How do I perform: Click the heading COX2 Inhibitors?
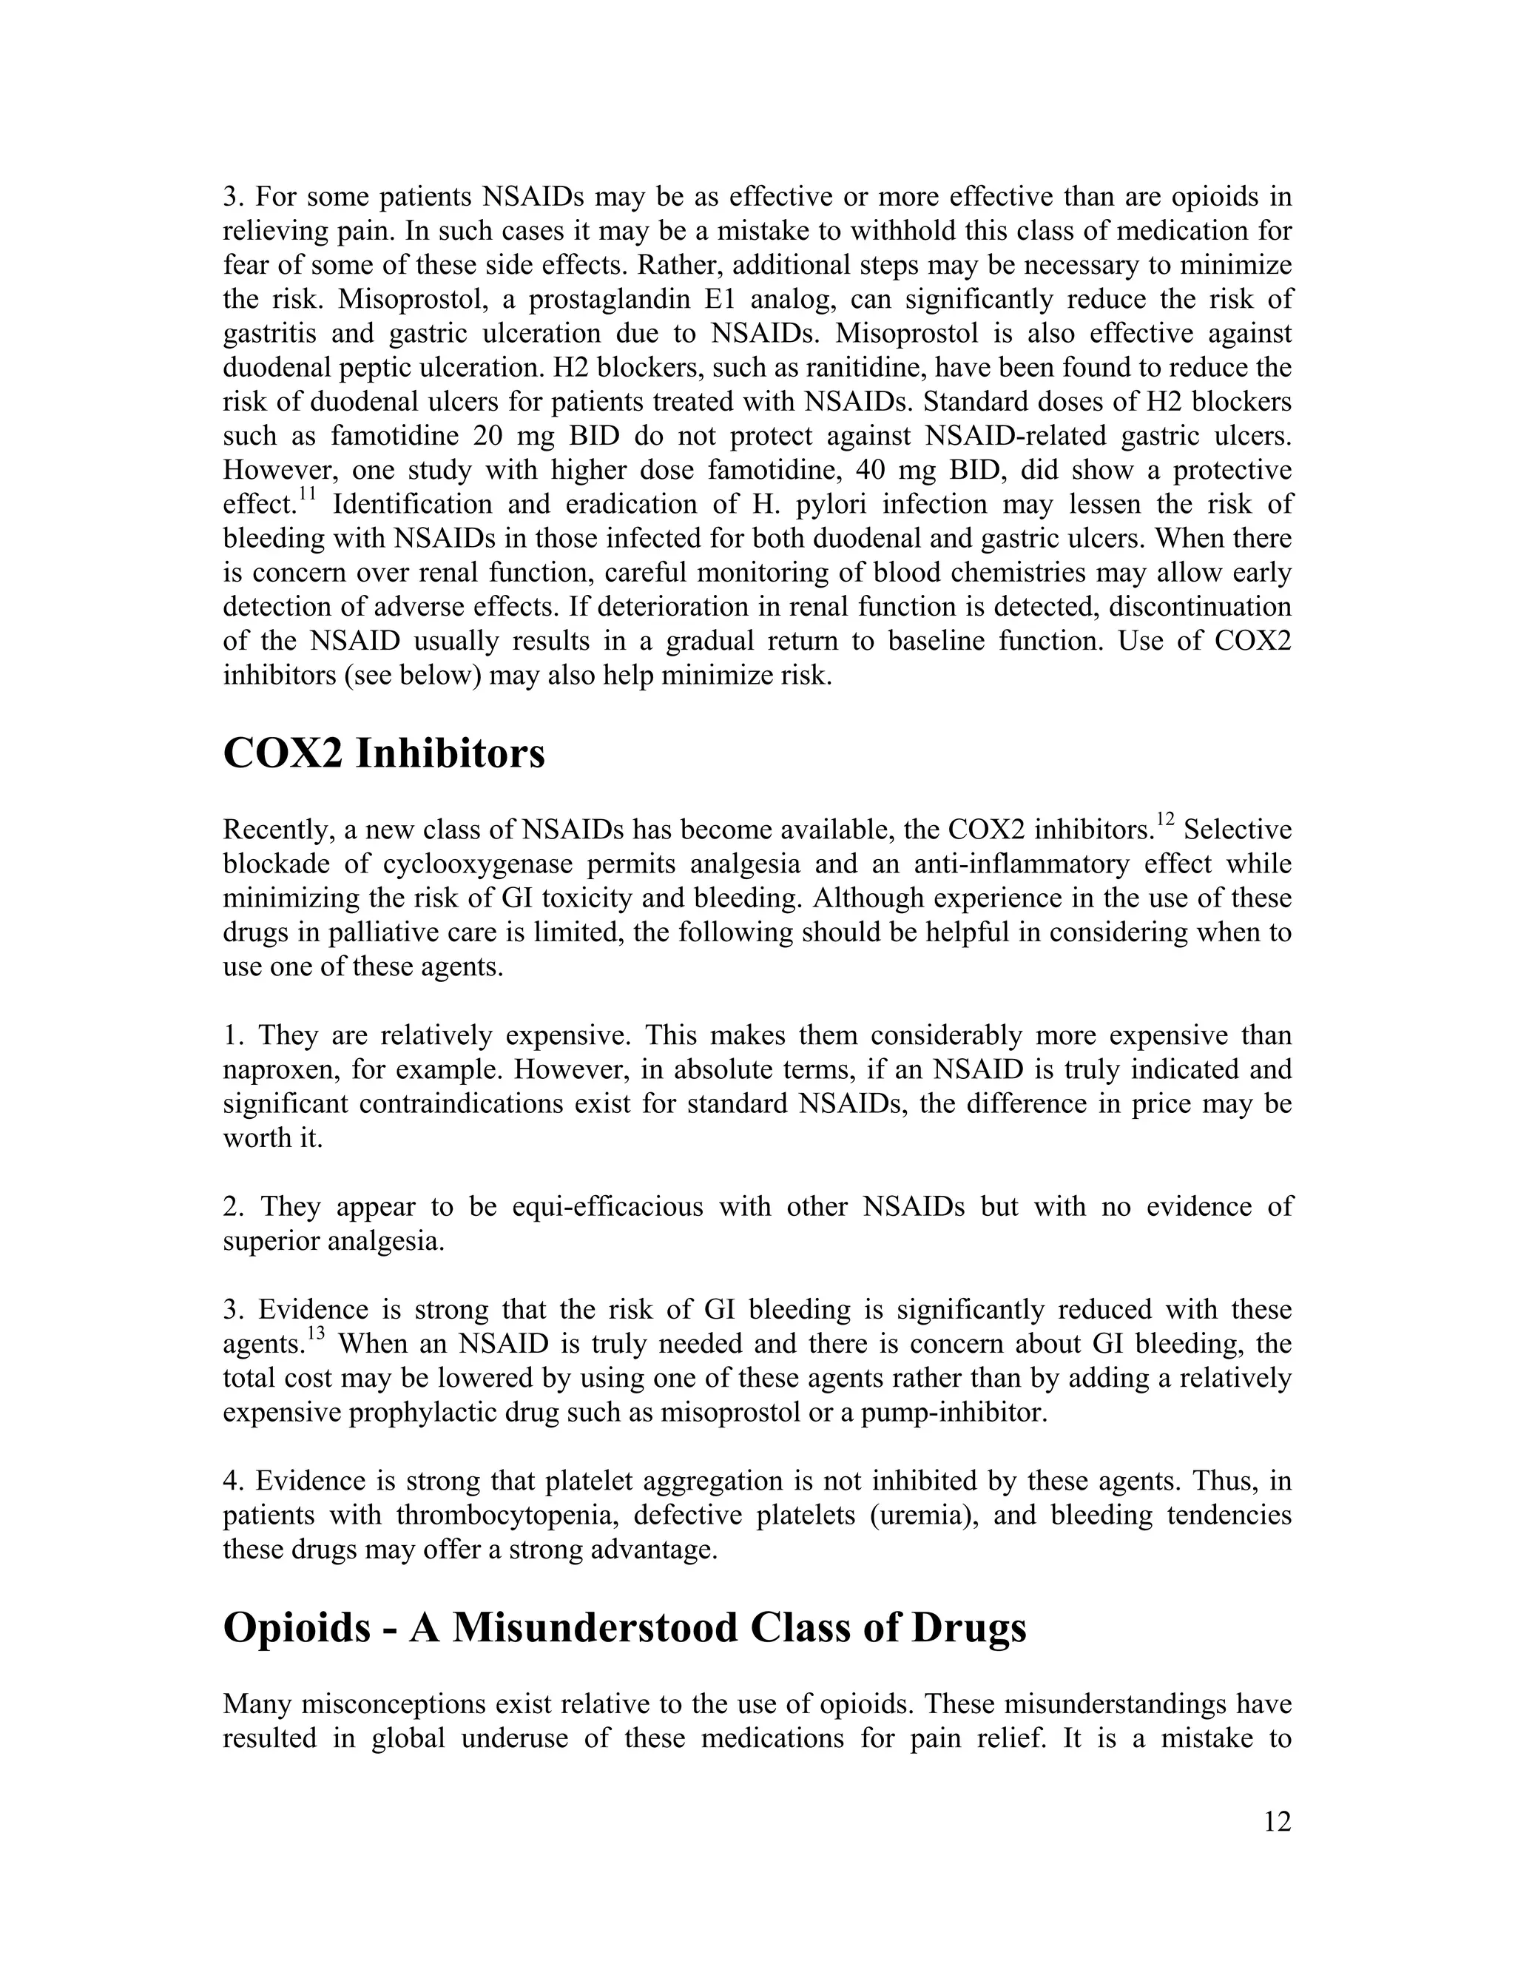coord(383,753)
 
